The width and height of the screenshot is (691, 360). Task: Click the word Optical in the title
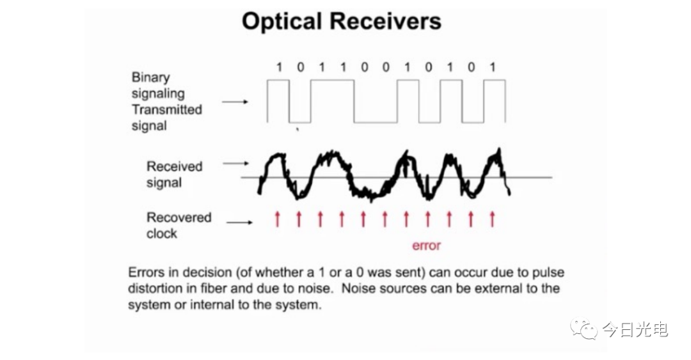point(282,22)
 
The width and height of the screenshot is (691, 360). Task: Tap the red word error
point(426,246)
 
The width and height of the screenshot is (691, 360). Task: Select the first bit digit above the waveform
point(278,67)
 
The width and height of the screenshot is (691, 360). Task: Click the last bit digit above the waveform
point(493,67)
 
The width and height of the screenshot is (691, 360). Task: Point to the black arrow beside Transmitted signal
point(235,102)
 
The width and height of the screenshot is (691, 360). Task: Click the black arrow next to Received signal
point(235,164)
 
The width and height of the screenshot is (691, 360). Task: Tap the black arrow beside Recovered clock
point(239,222)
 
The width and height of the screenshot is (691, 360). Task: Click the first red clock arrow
point(277,219)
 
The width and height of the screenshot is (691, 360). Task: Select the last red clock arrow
point(492,219)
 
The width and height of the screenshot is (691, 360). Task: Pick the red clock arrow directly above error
point(427,219)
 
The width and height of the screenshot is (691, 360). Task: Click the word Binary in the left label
point(151,77)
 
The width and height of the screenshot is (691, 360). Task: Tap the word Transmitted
point(166,109)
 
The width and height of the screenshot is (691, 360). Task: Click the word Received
point(175,166)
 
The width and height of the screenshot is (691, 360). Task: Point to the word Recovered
point(179,217)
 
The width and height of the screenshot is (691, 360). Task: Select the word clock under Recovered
point(162,233)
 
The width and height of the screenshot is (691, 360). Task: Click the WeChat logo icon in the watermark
point(584,329)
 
